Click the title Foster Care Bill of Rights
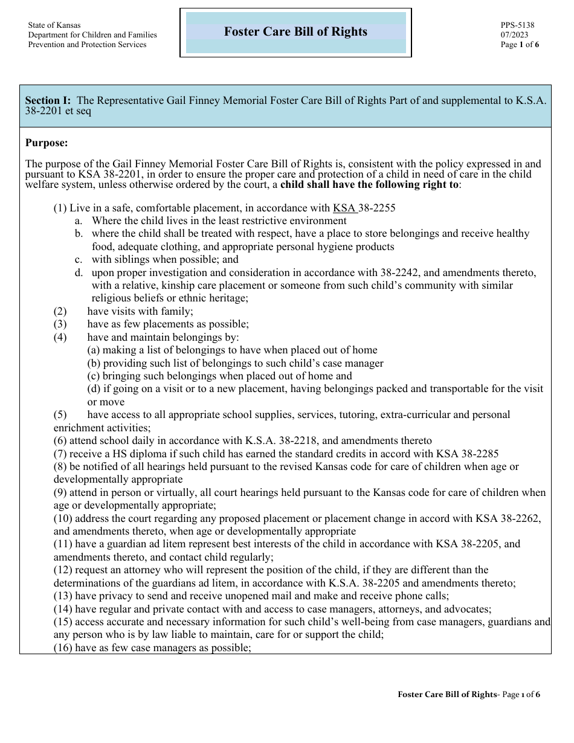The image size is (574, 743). (x=295, y=32)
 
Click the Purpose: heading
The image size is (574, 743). (x=47, y=143)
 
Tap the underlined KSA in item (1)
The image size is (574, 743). (x=344, y=208)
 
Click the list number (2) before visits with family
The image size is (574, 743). (x=60, y=311)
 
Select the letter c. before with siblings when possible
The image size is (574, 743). (x=79, y=259)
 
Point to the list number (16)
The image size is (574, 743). (x=62, y=648)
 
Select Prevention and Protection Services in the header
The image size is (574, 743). (x=88, y=45)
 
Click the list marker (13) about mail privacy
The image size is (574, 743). (x=62, y=596)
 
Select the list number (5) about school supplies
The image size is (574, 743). (x=60, y=414)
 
